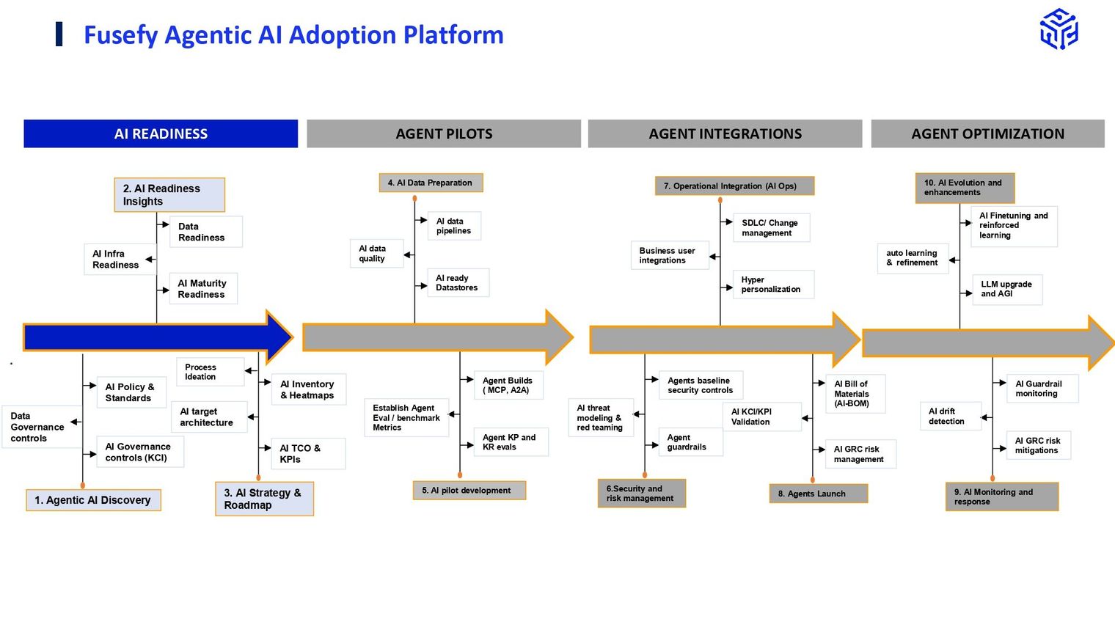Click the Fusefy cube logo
click(1059, 29)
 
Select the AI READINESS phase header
click(161, 133)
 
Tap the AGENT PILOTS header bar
click(444, 133)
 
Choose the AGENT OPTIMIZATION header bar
click(987, 133)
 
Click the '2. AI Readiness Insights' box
click(169, 194)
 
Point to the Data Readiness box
click(206, 232)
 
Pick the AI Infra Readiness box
click(120, 259)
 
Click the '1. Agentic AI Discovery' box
click(94, 499)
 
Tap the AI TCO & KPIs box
click(308, 453)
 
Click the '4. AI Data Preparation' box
click(431, 183)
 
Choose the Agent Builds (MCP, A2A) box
click(508, 385)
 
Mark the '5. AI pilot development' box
click(469, 490)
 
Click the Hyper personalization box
click(773, 284)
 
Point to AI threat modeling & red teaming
click(601, 417)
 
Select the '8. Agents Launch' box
click(819, 493)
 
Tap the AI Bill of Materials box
click(855, 394)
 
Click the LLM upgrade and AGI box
click(1007, 289)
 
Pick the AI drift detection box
click(951, 416)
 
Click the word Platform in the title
click(453, 35)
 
